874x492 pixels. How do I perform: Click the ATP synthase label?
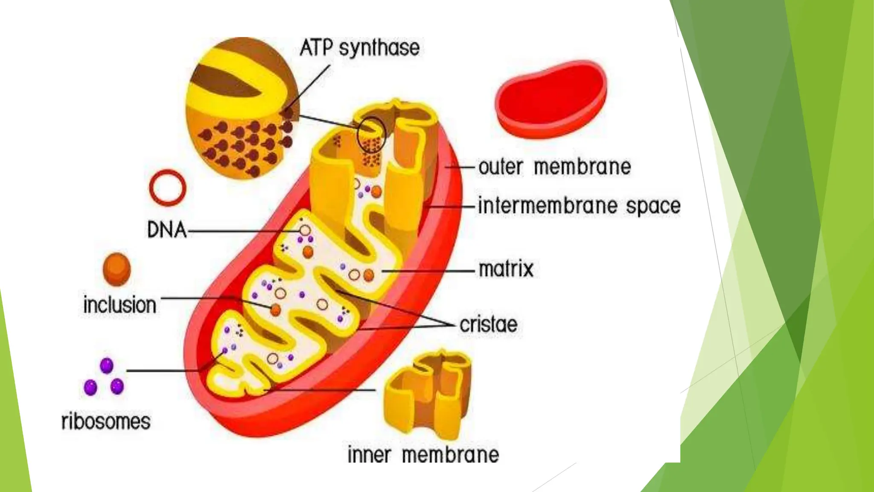point(359,48)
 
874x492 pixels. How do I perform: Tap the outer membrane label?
point(554,167)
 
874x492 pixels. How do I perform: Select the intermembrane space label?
point(579,206)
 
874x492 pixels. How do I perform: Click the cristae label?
point(489,325)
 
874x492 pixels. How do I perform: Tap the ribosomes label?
point(106,421)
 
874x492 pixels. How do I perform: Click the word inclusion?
point(120,305)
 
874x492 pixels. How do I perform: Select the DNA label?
point(167,231)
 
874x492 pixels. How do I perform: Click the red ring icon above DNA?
point(168,187)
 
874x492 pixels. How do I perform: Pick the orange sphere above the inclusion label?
point(117,269)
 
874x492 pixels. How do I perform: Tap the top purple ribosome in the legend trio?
point(106,366)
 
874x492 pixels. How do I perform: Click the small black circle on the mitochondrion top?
point(371,135)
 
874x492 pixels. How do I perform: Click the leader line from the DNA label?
point(243,231)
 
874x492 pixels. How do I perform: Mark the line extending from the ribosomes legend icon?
point(162,370)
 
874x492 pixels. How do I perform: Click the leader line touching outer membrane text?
point(461,167)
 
